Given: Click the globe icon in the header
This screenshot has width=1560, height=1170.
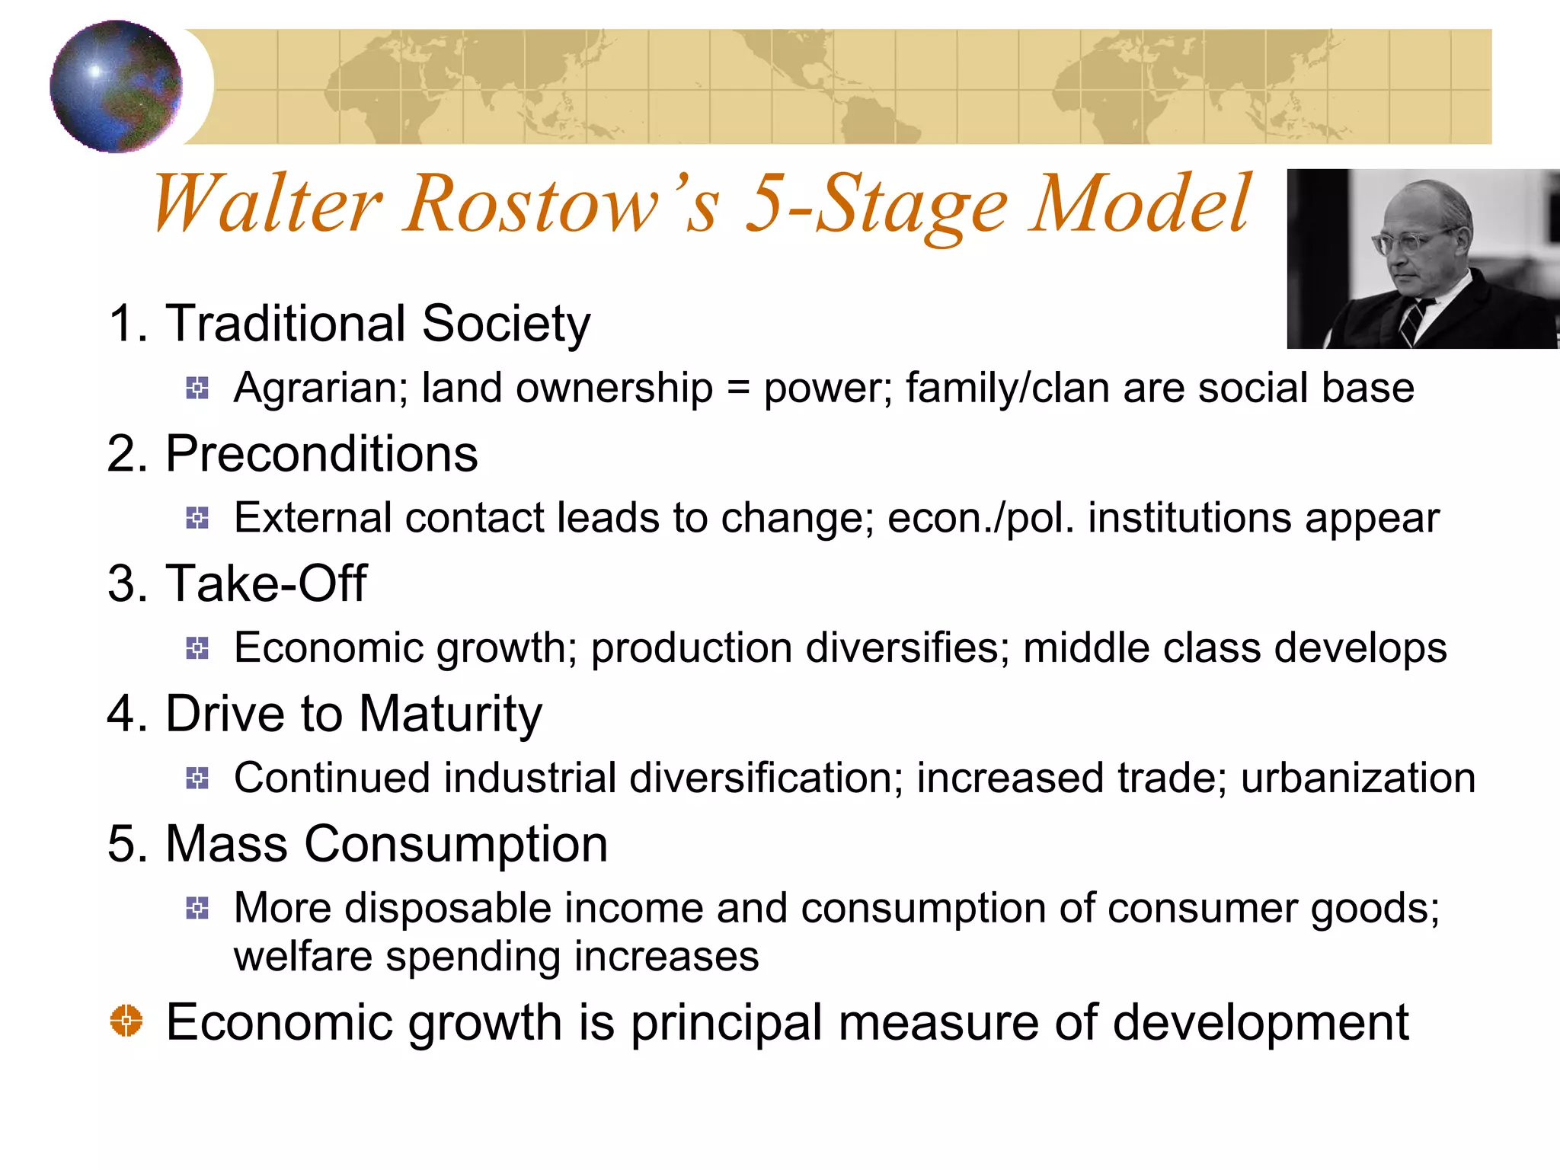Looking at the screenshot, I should pos(116,86).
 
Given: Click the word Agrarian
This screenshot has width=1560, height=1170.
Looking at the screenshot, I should pos(315,388).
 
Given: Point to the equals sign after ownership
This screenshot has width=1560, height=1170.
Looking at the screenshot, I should pos(738,388).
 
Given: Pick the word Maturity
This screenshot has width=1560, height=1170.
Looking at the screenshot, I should pos(450,714).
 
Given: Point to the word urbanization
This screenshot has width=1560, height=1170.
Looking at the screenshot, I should pos(1357,778).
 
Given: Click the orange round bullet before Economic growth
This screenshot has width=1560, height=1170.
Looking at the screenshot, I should pos(126,1021).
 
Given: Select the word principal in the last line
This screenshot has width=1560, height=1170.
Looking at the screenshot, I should pos(726,1023).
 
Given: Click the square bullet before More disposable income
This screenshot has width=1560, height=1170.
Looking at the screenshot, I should pos(197,908).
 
